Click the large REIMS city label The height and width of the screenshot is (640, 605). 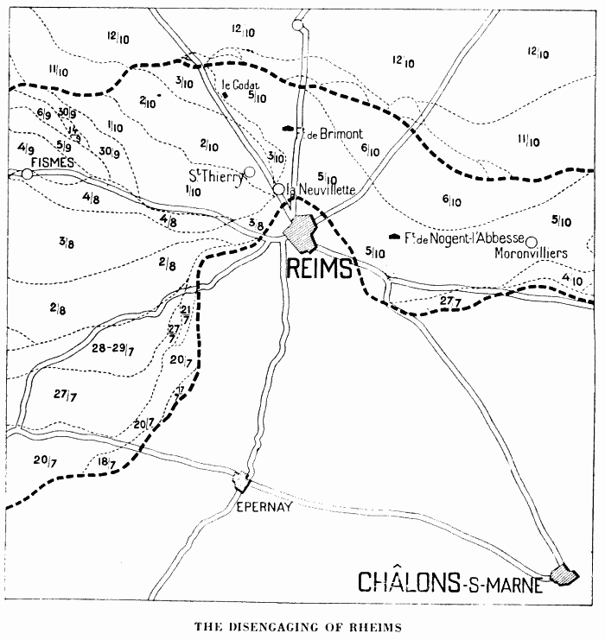[x=319, y=269]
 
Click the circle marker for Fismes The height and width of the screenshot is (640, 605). [x=28, y=174]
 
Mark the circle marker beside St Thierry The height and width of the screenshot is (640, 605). [x=250, y=171]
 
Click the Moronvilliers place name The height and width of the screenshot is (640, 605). [x=530, y=254]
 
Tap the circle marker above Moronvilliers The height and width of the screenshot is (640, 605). [x=532, y=241]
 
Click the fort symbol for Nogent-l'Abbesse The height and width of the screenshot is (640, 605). [x=395, y=236]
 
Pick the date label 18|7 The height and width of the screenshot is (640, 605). [x=106, y=464]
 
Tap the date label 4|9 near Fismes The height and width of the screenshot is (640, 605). [x=26, y=149]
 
